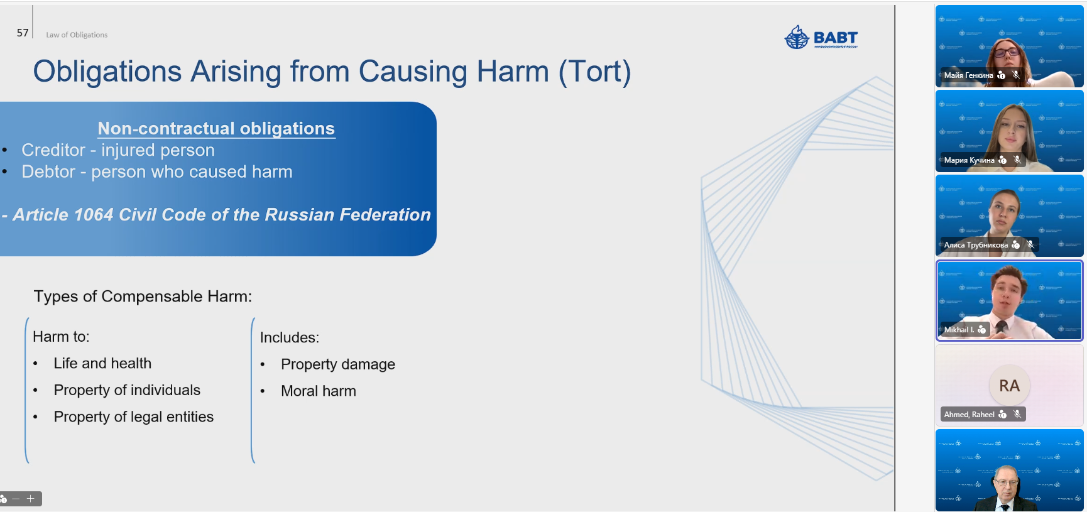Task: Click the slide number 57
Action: click(23, 33)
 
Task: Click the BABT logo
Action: click(821, 38)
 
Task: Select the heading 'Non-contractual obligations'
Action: click(216, 128)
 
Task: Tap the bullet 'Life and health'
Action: click(102, 363)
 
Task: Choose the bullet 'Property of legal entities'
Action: click(134, 417)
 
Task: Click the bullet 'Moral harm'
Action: click(319, 391)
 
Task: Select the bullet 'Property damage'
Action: click(338, 364)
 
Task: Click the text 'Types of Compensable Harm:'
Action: click(143, 297)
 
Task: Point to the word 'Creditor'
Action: click(53, 150)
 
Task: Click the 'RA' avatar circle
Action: click(1009, 385)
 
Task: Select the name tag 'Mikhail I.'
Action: click(959, 330)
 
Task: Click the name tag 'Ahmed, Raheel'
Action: click(969, 415)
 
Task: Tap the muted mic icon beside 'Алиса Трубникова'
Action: click(1030, 245)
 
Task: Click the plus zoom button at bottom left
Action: click(30, 499)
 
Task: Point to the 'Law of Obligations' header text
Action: click(77, 35)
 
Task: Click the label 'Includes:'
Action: click(290, 337)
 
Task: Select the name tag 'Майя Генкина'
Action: click(969, 75)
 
